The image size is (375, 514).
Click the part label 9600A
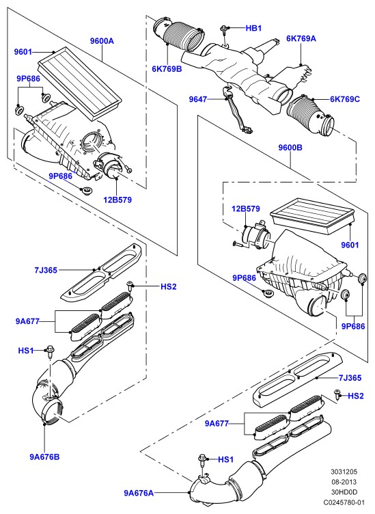[102, 41]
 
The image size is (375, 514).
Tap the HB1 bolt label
[253, 28]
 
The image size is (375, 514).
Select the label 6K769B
[167, 69]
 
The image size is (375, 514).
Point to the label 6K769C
[344, 99]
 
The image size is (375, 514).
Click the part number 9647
[198, 99]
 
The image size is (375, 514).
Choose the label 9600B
[290, 148]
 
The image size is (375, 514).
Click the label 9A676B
[45, 457]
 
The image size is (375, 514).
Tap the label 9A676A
[139, 493]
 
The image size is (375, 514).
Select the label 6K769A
[301, 38]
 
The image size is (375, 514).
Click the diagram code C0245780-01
[344, 502]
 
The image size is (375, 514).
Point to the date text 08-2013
[344, 482]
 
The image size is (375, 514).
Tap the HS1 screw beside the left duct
[50, 351]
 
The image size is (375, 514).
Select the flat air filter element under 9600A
[80, 82]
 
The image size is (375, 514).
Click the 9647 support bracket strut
[235, 111]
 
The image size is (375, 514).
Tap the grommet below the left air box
[87, 190]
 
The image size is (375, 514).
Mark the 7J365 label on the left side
[46, 270]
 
